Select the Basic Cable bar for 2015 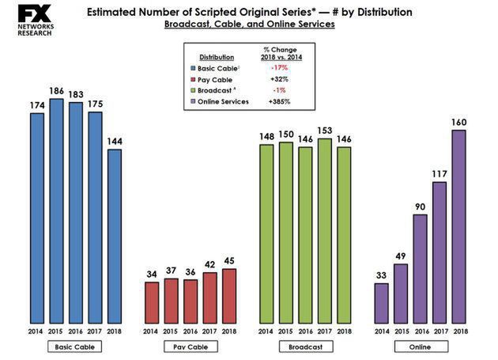coord(56,210)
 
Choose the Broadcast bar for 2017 coord(325,229)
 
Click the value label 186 coord(56,91)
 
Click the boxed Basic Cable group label coord(75,347)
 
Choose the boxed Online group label coord(420,347)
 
